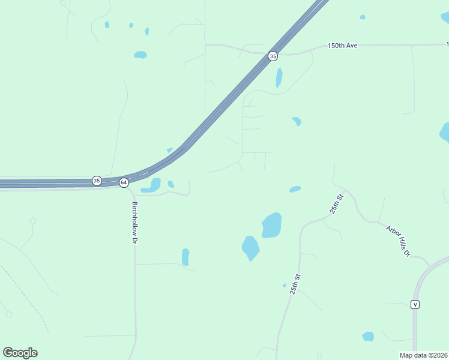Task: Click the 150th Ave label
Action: (343, 46)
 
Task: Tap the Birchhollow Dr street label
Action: (135, 222)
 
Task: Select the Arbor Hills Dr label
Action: (397, 241)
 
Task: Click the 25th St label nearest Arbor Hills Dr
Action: (336, 205)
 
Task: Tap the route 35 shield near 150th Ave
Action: (273, 56)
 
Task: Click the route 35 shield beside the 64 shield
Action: (97, 180)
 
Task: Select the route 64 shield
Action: (124, 182)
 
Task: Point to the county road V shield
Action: (415, 304)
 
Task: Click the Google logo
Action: (20, 353)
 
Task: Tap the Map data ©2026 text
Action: (423, 355)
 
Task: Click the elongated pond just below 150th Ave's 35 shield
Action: (279, 77)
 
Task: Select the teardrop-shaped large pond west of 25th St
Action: (250, 247)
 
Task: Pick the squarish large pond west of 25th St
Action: (271, 226)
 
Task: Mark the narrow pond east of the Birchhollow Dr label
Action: (185, 257)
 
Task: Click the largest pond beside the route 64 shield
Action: (152, 185)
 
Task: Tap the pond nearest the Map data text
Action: (368, 336)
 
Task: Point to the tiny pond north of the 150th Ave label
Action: (363, 17)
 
